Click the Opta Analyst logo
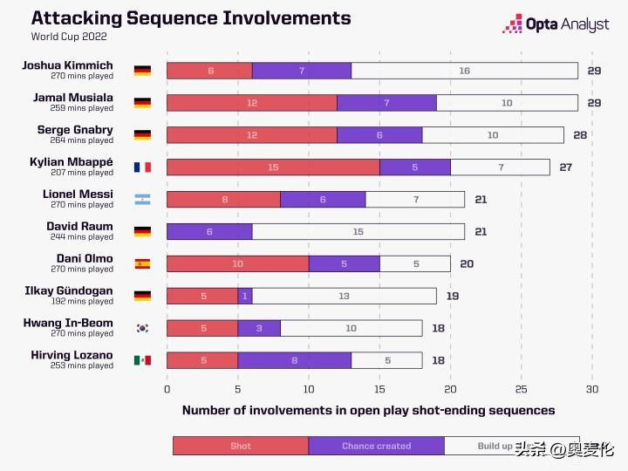(x=556, y=24)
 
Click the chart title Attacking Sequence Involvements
(x=191, y=18)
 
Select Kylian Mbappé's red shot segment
(x=273, y=167)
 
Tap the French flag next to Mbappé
(x=142, y=167)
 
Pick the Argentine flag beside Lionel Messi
(x=142, y=200)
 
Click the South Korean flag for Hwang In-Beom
(x=142, y=328)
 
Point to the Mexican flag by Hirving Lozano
(x=142, y=360)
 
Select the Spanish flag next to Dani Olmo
(x=142, y=263)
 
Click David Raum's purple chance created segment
(x=209, y=232)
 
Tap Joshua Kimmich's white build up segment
(x=464, y=71)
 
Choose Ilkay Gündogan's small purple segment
(x=245, y=296)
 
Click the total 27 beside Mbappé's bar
(x=566, y=167)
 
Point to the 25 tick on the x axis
(x=521, y=389)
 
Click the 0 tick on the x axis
(x=167, y=389)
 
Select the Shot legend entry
(x=241, y=446)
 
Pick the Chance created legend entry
(x=376, y=446)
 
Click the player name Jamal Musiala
(x=73, y=98)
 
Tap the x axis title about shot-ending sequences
(x=368, y=410)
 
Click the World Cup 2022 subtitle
(x=70, y=37)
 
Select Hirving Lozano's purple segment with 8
(x=294, y=360)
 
